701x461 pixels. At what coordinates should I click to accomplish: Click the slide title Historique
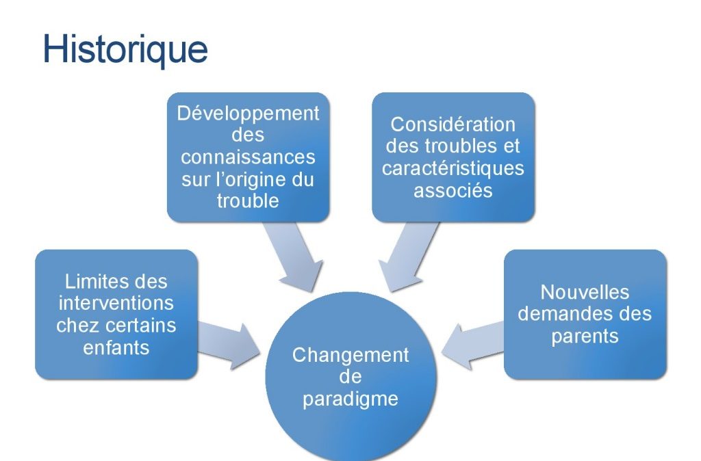click(125, 49)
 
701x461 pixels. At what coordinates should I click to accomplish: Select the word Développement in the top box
click(248, 114)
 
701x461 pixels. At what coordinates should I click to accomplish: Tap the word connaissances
click(248, 157)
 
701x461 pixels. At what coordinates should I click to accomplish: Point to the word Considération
click(453, 124)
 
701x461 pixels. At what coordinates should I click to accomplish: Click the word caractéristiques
click(453, 168)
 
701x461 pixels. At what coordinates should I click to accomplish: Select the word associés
click(453, 191)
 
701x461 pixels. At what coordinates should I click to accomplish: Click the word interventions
click(116, 303)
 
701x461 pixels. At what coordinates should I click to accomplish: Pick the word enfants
click(116, 348)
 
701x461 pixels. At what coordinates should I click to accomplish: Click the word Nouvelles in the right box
click(585, 293)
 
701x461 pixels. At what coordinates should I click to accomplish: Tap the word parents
click(585, 337)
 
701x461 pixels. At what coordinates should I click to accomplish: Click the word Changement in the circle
click(350, 356)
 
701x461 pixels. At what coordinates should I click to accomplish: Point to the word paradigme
click(350, 399)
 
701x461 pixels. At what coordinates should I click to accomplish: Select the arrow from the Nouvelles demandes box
click(472, 346)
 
